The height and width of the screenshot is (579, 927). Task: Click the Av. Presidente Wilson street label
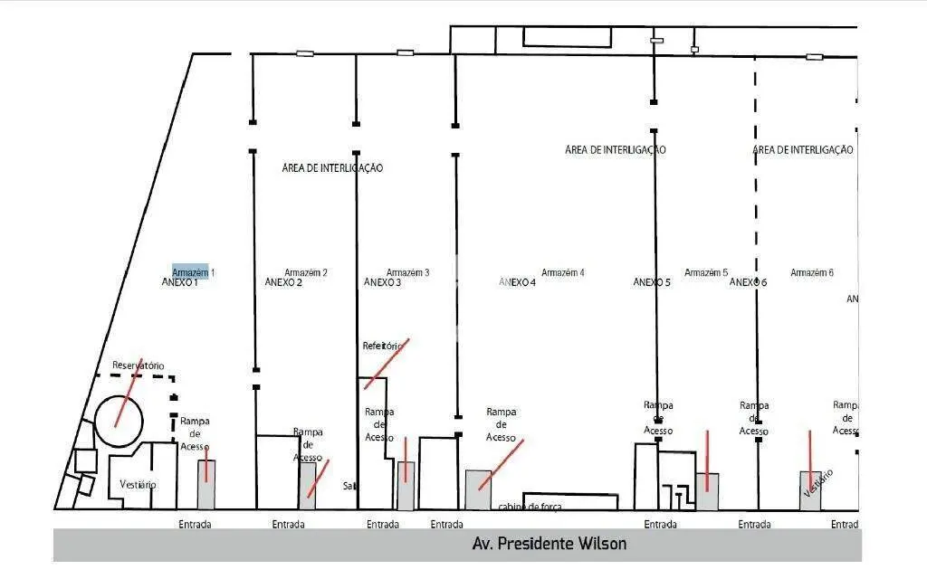point(549,544)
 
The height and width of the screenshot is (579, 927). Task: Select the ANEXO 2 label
point(283,282)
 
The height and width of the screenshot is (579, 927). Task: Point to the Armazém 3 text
point(407,272)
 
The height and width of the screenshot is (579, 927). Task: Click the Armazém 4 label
point(562,272)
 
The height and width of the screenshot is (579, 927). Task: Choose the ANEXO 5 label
point(651,282)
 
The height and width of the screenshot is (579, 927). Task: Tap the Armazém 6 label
point(811,272)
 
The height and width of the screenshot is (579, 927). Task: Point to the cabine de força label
point(530,507)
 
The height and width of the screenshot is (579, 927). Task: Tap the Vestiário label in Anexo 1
point(138,485)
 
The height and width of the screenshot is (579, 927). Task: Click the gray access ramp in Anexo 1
point(206,484)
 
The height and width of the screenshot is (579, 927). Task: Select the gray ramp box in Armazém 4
point(478,489)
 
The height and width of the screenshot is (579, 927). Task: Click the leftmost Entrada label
point(195,524)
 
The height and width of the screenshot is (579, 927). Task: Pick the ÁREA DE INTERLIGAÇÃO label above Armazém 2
point(332,167)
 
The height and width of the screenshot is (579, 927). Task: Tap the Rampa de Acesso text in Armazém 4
point(501,424)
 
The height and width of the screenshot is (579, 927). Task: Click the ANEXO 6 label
point(748,282)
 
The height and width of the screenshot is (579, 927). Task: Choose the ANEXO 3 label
point(383,282)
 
